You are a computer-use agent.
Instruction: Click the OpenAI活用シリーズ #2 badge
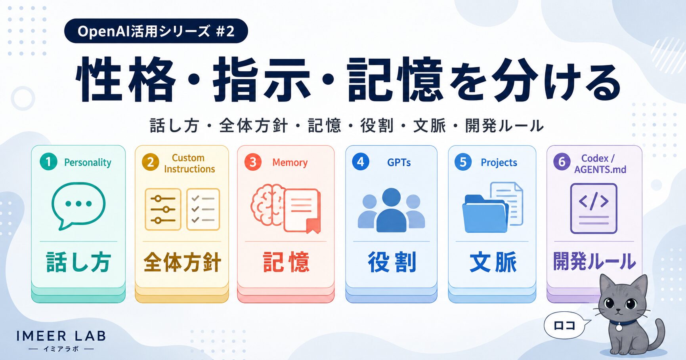point(156,31)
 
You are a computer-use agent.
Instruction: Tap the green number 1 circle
point(48,162)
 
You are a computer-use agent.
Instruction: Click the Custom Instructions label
point(189,163)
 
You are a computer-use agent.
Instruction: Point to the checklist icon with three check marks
point(203,209)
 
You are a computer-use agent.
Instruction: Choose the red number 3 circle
point(253,162)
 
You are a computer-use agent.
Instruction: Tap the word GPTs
point(399,162)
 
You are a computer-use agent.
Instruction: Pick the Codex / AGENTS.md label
point(600,164)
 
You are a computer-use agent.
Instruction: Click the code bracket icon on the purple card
point(593,208)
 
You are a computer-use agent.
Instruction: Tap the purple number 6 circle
point(562,162)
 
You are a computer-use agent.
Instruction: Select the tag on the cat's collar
point(619,328)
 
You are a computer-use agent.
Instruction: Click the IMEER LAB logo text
point(61,337)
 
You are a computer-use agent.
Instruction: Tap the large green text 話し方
point(78,262)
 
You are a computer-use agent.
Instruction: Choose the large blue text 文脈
point(493,262)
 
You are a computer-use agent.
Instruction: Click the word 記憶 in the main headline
point(395,79)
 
